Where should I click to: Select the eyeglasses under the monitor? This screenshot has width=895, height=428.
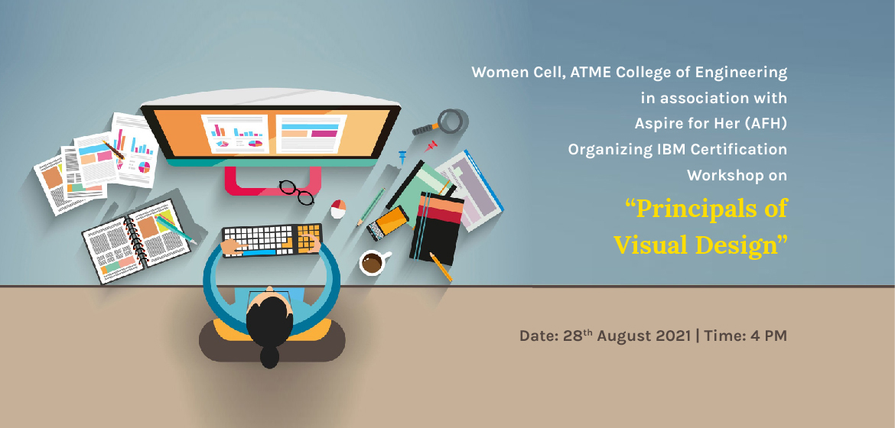(296, 192)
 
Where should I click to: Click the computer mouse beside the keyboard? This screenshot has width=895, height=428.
(338, 209)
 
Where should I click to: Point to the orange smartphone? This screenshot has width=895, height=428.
(388, 223)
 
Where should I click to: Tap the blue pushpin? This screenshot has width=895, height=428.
(402, 155)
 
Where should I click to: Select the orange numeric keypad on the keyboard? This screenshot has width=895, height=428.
(308, 238)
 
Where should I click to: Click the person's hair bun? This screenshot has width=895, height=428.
(269, 357)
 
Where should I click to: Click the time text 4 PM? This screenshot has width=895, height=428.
(768, 336)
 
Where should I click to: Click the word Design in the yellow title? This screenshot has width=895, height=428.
(738, 245)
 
